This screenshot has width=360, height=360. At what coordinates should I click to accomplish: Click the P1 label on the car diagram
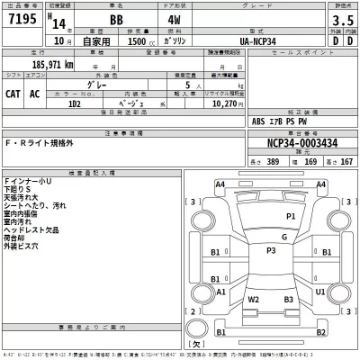click(291, 216)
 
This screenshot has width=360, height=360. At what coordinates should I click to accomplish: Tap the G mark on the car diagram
click(283, 238)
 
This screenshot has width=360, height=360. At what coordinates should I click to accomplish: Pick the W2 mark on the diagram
click(255, 299)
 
